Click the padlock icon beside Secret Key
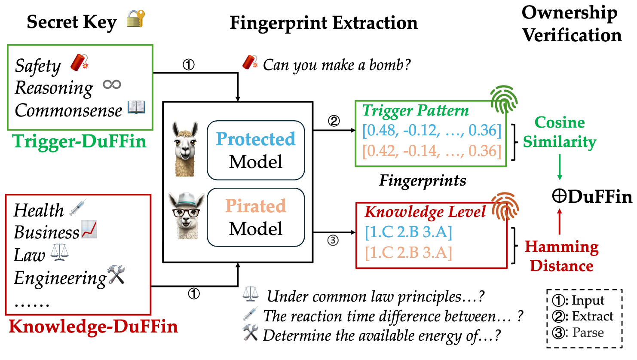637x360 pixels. pos(136,19)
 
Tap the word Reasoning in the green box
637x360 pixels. pos(54,88)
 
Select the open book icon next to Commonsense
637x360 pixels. pos(136,107)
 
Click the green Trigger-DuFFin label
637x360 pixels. pos(80,141)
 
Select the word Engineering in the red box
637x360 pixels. pos(60,278)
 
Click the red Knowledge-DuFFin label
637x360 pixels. pos(93,326)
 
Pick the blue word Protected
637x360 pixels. pos(256,139)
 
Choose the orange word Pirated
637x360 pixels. pos(256,206)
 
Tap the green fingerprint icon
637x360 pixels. pos(504,99)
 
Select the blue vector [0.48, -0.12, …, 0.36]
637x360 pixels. pos(432,130)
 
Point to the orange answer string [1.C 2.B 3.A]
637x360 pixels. pos(408,253)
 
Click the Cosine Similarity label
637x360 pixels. pos(560,132)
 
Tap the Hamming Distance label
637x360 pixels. pos(561,256)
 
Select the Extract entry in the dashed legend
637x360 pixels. pos(583,316)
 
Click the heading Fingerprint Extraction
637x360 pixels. pos(324,23)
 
